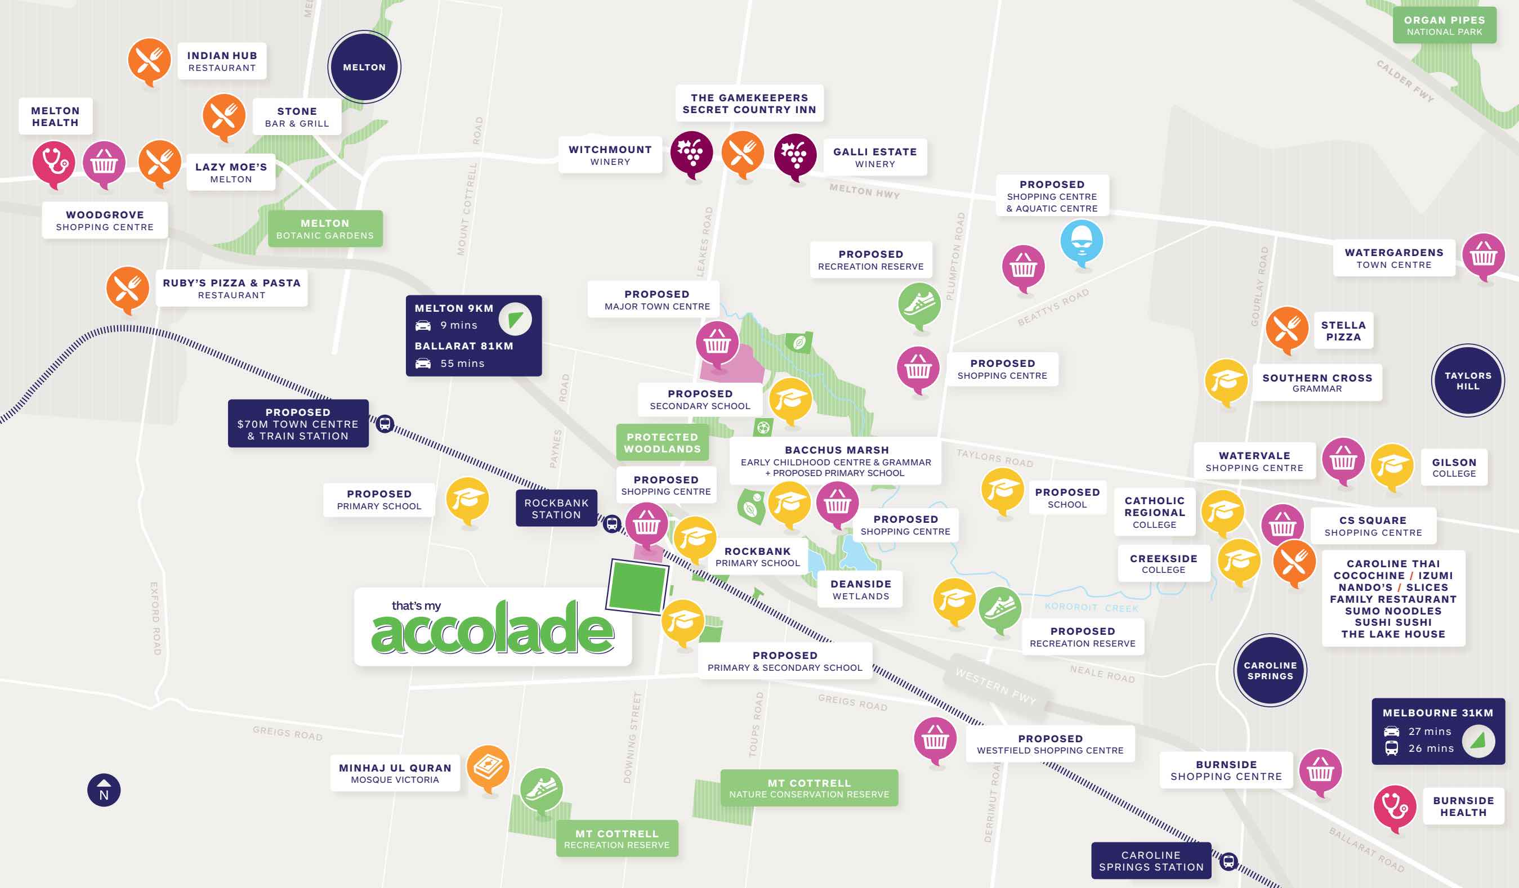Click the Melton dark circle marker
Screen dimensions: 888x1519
click(x=364, y=67)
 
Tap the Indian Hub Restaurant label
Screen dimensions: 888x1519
click(x=222, y=61)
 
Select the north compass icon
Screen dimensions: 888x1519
click(x=104, y=790)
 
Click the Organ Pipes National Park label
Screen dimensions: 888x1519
click(x=1444, y=25)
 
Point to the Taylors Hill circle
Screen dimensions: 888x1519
click(x=1467, y=380)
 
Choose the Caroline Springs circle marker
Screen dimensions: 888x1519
click(x=1270, y=670)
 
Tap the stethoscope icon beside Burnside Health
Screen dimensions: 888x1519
click(x=1394, y=805)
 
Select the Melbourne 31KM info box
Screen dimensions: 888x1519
click(x=1437, y=731)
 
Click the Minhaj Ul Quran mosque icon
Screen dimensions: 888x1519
click(x=488, y=766)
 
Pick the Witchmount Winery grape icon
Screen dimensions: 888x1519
click(x=691, y=152)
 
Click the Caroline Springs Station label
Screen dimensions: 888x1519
click(x=1151, y=860)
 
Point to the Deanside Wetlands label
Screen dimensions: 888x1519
click(x=860, y=589)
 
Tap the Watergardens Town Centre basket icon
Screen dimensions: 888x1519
click(x=1483, y=255)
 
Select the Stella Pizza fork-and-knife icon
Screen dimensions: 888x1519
click(x=1286, y=328)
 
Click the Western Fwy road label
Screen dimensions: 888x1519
click(x=995, y=685)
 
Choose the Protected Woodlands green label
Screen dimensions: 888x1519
click(x=662, y=442)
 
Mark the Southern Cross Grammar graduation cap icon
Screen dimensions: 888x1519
click(x=1226, y=381)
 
